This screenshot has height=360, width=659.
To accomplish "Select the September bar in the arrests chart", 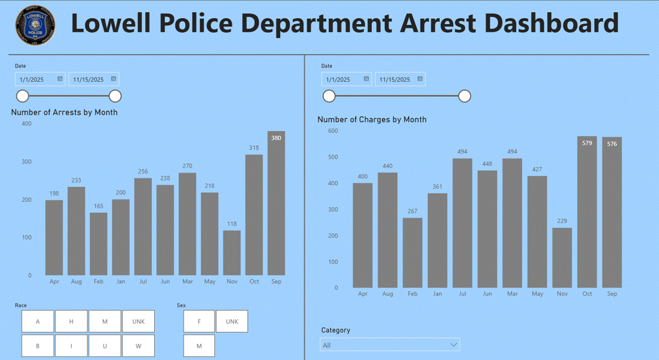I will (276, 203).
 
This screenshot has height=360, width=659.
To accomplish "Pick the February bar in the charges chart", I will (412, 253).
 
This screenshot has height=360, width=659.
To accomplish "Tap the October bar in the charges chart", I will (587, 212).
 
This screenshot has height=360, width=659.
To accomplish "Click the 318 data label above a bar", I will (254, 148).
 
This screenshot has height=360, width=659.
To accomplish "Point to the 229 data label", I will (562, 221).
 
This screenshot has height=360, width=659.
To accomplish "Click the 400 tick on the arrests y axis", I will (26, 124).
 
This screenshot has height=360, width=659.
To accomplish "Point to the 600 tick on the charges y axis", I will (332, 131).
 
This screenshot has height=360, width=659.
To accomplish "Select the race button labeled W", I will (138, 346).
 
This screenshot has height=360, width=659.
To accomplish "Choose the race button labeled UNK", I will (138, 321).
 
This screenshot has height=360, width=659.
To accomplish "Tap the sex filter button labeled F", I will (199, 321).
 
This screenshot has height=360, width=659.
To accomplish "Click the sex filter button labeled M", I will (199, 346).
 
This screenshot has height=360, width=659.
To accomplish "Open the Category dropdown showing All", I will (390, 345).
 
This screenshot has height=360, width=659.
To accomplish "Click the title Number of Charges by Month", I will (372, 119).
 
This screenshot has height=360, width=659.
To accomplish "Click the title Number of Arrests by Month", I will (64, 112).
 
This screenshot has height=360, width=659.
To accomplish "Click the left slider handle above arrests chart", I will (22, 96).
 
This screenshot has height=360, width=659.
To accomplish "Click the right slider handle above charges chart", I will (465, 96).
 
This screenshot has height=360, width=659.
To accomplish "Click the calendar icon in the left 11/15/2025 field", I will (113, 79).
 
